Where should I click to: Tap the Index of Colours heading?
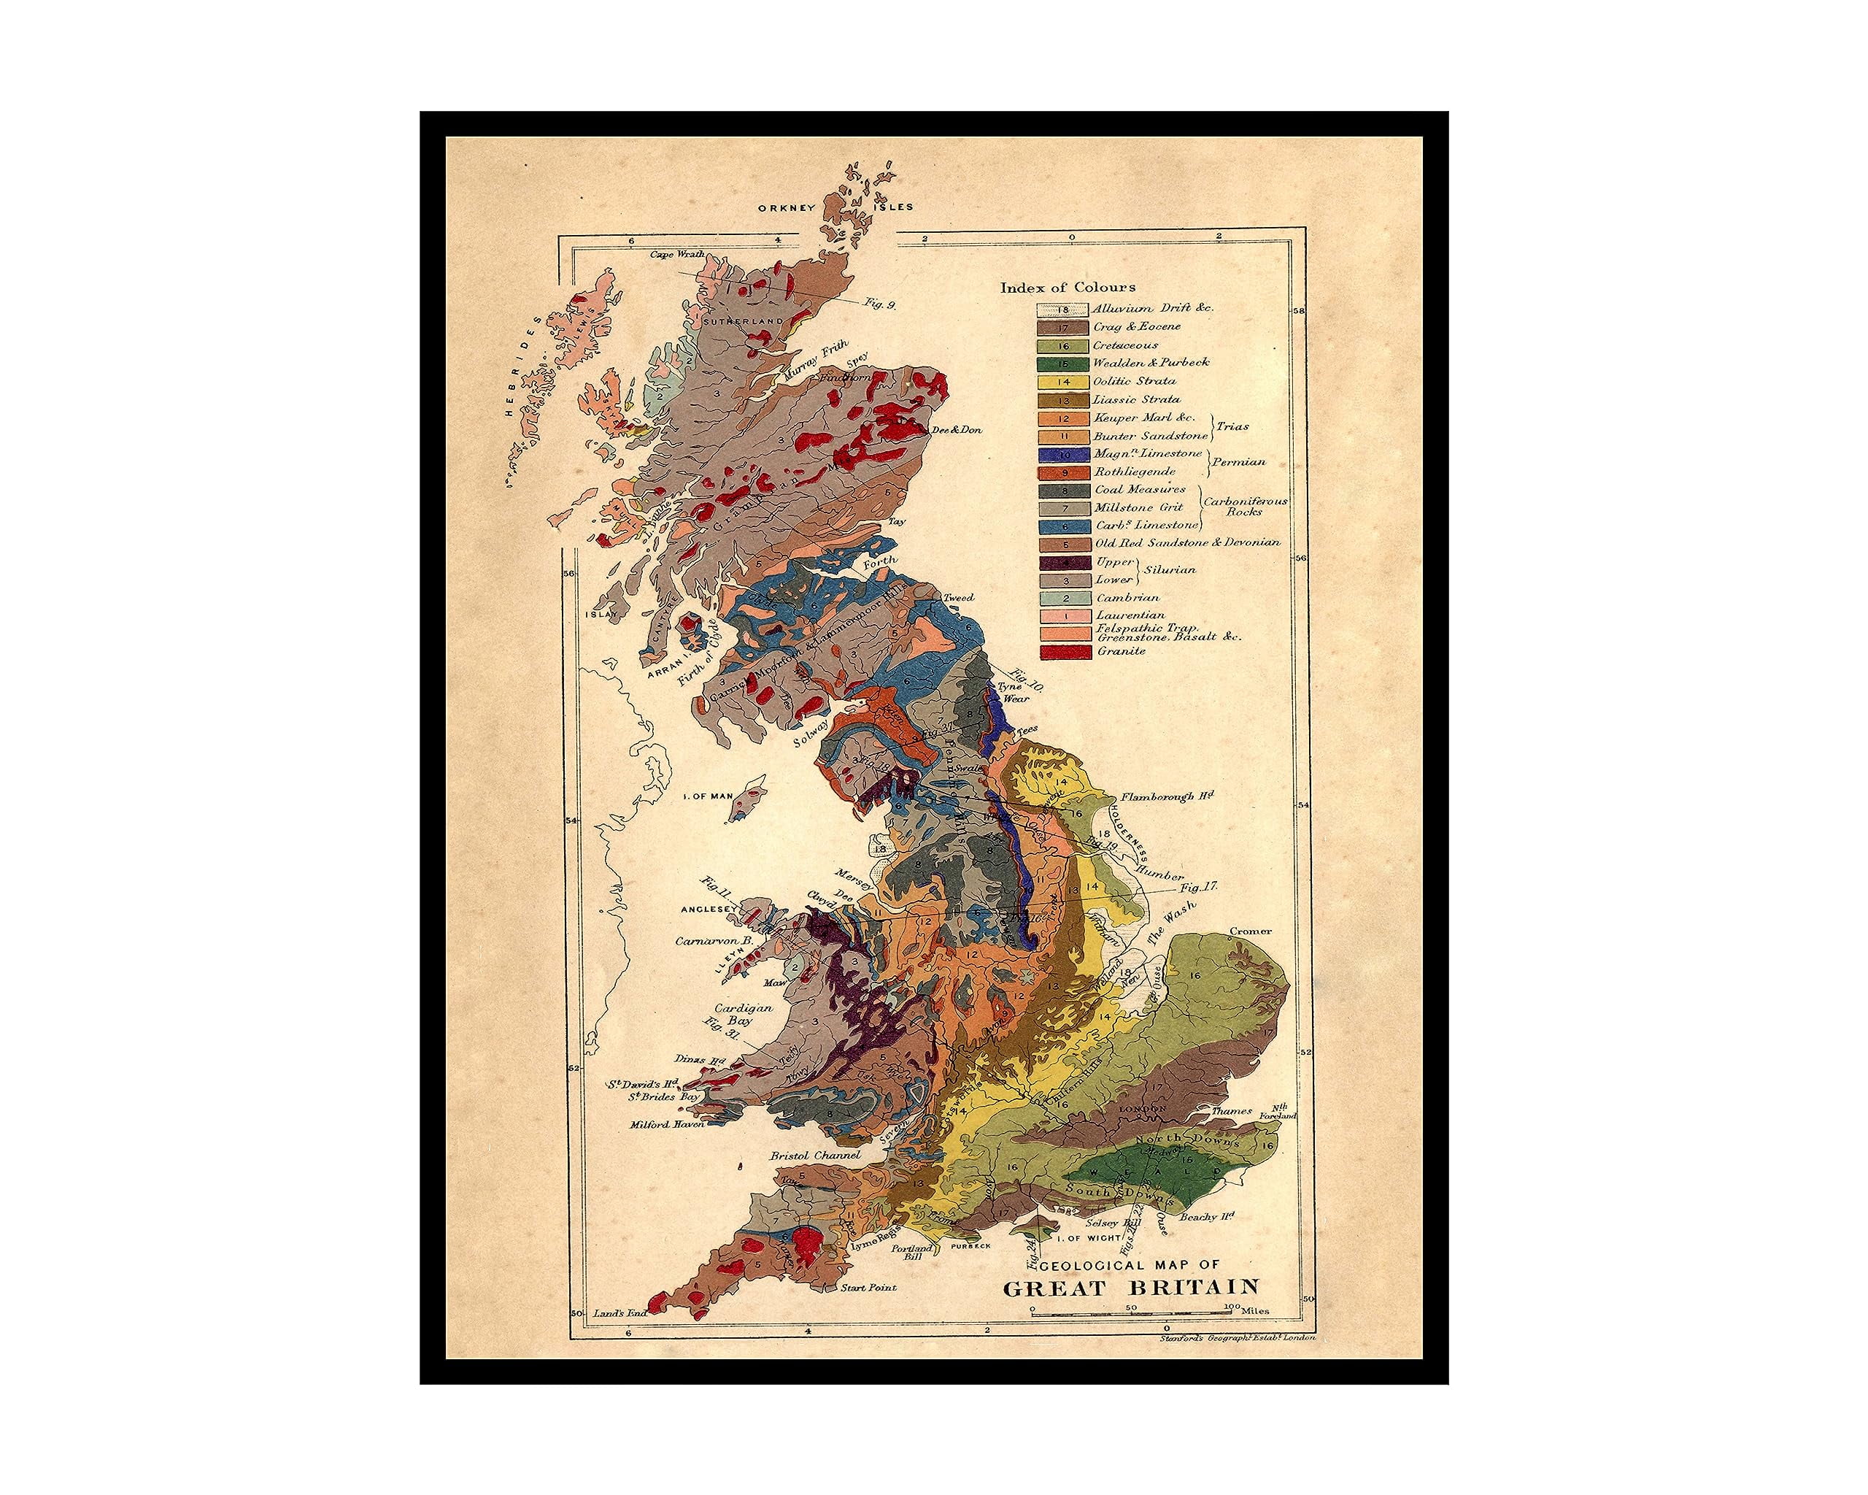click(x=1068, y=287)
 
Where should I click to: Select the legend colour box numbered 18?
click(x=1062, y=309)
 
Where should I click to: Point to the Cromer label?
click(x=1250, y=931)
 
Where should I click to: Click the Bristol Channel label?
click(x=815, y=1156)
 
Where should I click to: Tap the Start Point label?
click(x=868, y=1312)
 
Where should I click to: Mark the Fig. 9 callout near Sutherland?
click(x=879, y=328)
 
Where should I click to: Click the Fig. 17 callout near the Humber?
click(x=1199, y=887)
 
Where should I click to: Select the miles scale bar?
click(x=1132, y=1315)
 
